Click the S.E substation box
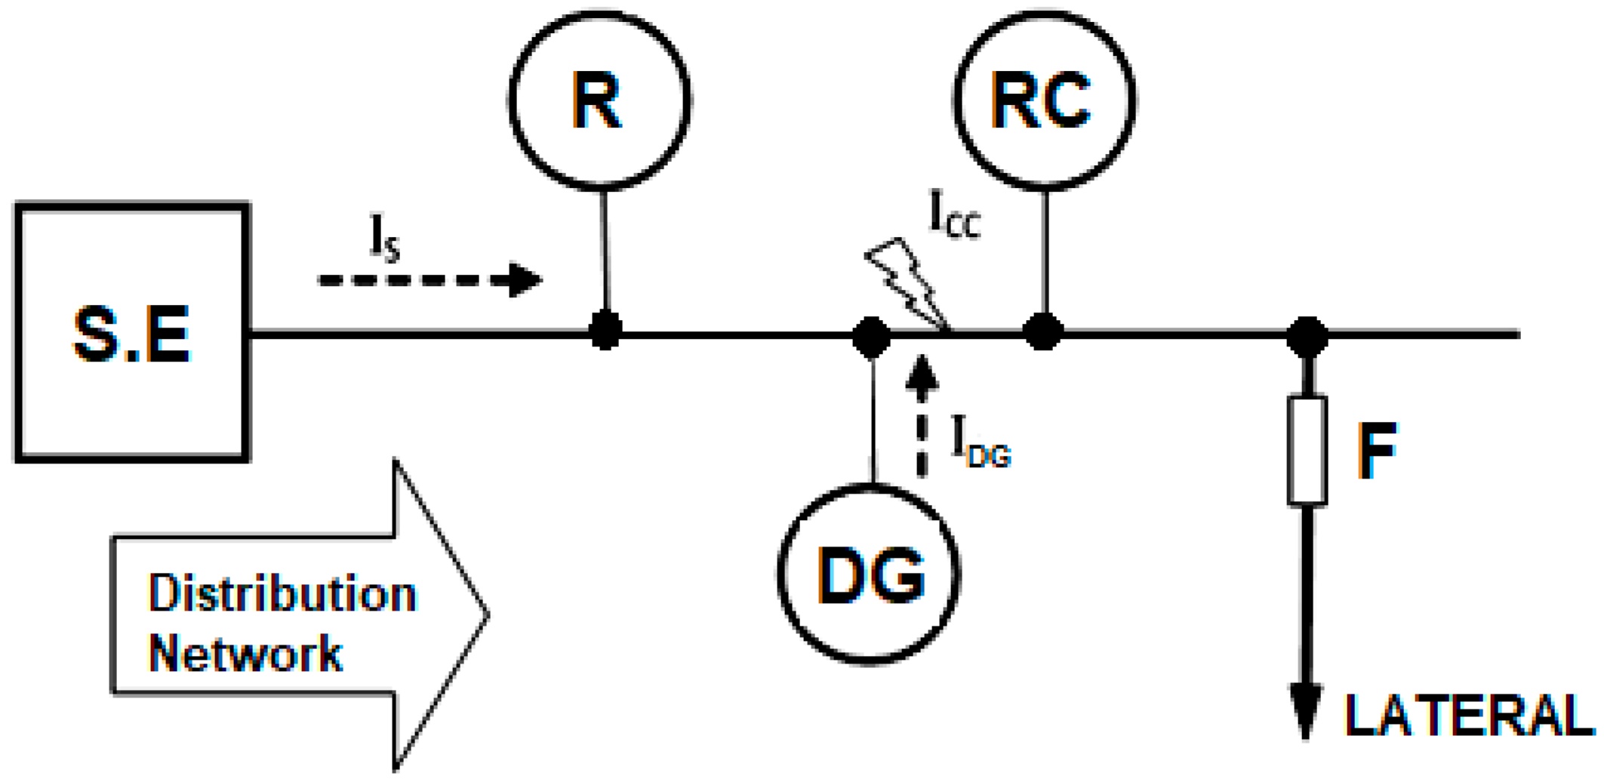pos(133,331)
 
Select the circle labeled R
pos(599,100)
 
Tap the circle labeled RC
pos(1045,100)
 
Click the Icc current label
pos(954,216)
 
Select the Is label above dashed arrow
pos(384,239)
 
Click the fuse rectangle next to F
pos(1307,450)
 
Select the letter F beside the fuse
pos(1377,451)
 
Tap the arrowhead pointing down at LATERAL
pos(1305,710)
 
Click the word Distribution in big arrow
pos(282,594)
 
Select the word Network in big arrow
pos(245,654)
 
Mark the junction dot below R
pos(605,331)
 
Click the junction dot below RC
pos(1043,331)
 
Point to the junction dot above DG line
pos(871,337)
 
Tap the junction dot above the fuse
pos(1307,336)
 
